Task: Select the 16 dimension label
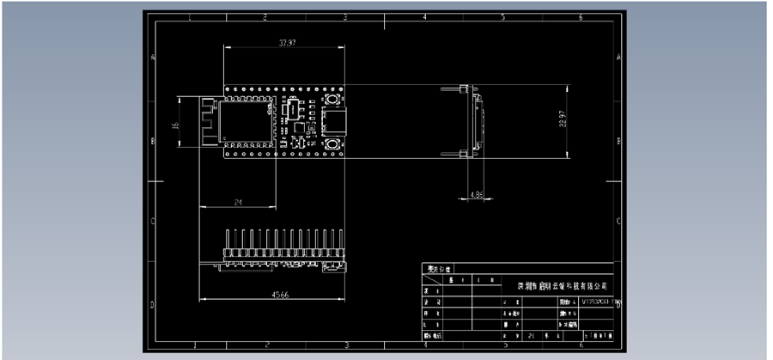tap(176, 125)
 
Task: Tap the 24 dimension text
tap(237, 201)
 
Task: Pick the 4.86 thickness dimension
tap(477, 196)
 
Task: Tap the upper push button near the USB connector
tap(331, 103)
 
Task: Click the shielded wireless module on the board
tap(247, 122)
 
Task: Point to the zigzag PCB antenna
tap(207, 122)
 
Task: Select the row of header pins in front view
tap(283, 240)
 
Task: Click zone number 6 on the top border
tap(581, 16)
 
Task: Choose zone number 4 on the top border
tap(423, 16)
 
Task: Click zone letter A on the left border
tap(153, 58)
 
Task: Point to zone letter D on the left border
tap(153, 305)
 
